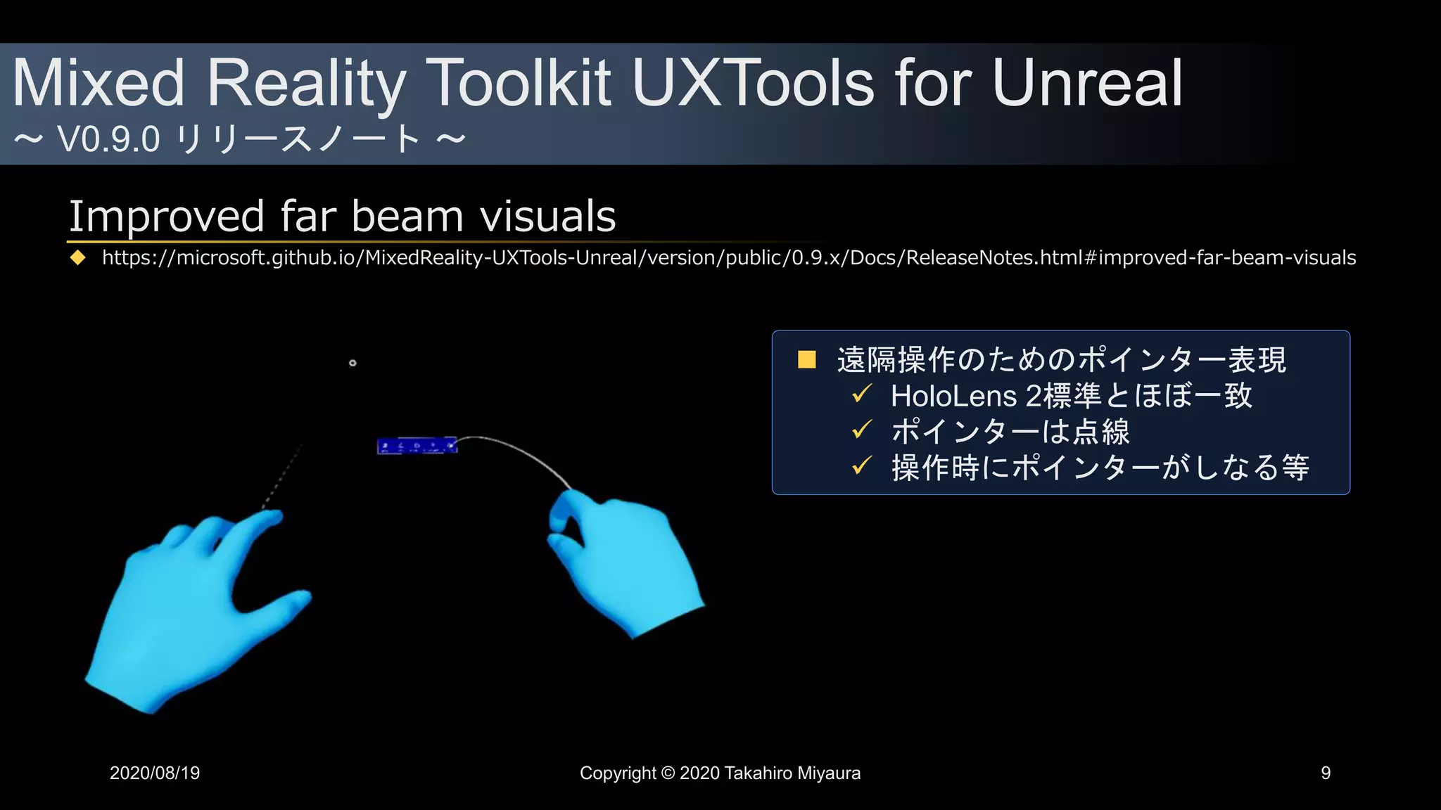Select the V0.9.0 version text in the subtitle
[x=109, y=139]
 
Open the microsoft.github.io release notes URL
[x=728, y=258]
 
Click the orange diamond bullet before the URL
[x=77, y=258]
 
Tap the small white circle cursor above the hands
[x=353, y=363]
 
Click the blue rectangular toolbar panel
[x=417, y=446]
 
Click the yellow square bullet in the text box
[x=806, y=360]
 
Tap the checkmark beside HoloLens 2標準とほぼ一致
[x=861, y=394]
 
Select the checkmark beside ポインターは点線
[x=861, y=430]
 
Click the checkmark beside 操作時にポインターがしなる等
[x=861, y=465]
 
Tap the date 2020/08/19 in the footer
[x=155, y=773]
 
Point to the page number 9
[x=1326, y=773]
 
